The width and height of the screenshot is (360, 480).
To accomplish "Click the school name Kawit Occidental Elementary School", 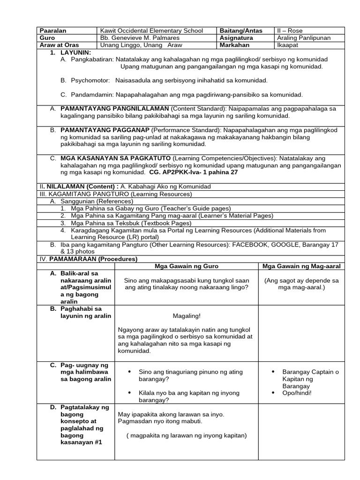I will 151,30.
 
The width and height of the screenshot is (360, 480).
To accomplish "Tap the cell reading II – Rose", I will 290,30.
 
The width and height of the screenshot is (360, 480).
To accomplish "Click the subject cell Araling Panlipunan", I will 304,37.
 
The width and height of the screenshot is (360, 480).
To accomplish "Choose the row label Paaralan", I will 53,30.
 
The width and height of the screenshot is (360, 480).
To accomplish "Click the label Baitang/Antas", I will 241,30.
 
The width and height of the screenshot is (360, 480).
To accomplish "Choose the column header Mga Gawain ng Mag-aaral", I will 301,266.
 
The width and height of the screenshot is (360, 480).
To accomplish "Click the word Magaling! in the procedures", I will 187,316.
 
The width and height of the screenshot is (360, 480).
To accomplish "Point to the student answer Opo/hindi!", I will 297,393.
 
